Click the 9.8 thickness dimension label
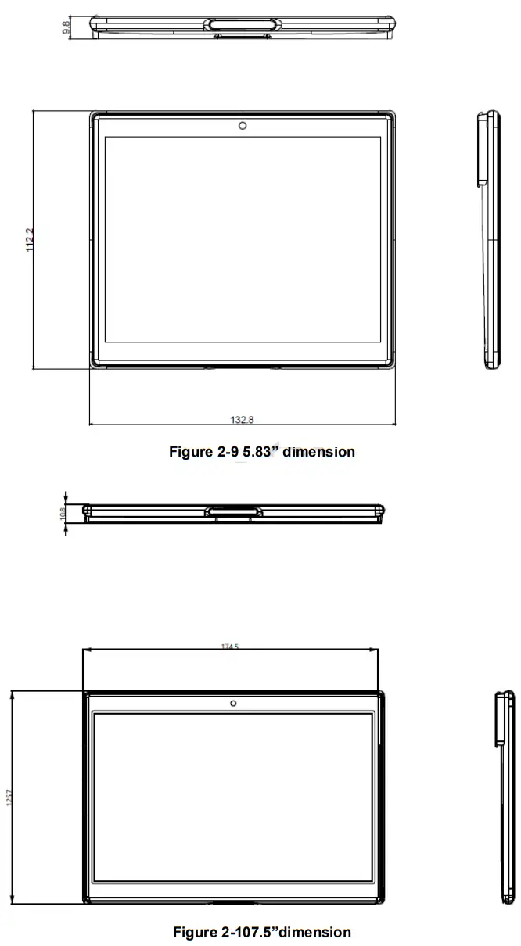(67, 25)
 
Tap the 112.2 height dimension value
(31, 239)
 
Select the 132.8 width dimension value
(243, 421)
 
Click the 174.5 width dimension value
(230, 647)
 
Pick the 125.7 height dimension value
(9, 799)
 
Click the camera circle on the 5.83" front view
(243, 126)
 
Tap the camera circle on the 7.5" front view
(233, 703)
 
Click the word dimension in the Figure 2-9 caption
(318, 452)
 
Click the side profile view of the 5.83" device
(489, 239)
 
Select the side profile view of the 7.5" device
(506, 797)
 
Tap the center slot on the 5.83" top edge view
(242, 23)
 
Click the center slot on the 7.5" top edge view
(233, 512)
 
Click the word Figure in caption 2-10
(193, 932)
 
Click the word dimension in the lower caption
(315, 932)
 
